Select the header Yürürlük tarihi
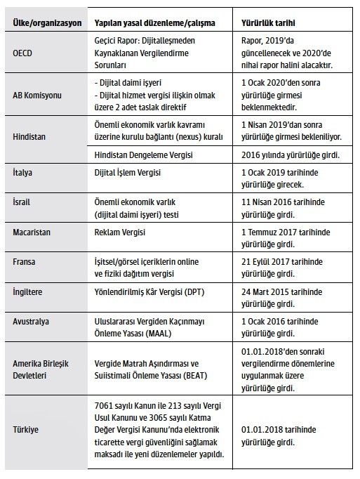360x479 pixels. point(262,22)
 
